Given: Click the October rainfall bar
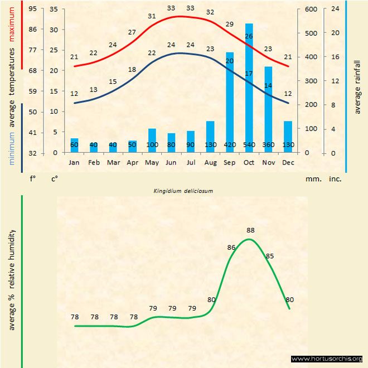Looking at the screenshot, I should (x=249, y=89).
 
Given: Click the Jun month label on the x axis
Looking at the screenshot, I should (x=171, y=163).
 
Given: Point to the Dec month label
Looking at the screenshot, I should (x=288, y=163).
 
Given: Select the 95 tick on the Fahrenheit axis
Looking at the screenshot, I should (x=33, y=9).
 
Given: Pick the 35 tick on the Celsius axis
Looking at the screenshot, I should (x=53, y=9).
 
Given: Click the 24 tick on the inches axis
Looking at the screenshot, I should (x=335, y=9).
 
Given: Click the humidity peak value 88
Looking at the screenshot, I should (x=250, y=230).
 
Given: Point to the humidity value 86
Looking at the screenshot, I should (x=231, y=247).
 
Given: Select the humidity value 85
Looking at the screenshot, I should (x=270, y=256).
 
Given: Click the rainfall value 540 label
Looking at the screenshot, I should (x=249, y=145).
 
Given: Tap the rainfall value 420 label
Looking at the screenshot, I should (x=229, y=145).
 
